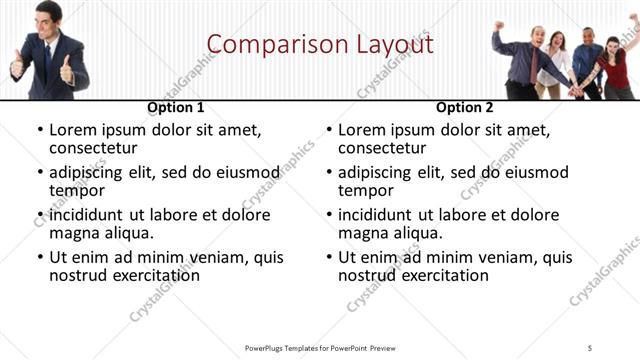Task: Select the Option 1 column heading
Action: (176, 107)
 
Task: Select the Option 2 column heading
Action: (465, 107)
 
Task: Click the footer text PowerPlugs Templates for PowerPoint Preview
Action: (320, 347)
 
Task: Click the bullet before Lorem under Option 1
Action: (40, 131)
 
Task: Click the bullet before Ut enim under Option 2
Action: (329, 257)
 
